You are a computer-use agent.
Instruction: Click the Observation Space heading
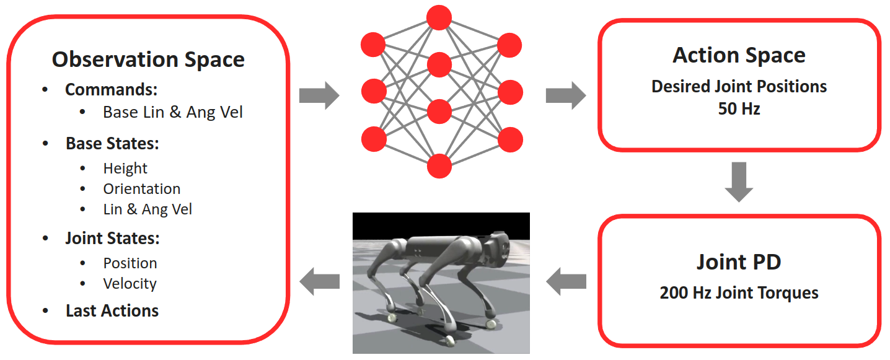[148, 59]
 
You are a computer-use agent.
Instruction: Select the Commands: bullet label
[111, 89]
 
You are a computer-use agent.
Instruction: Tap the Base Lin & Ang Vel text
[173, 112]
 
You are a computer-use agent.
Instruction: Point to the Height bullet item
[125, 169]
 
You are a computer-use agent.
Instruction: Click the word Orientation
[142, 189]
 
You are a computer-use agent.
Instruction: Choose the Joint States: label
[113, 238]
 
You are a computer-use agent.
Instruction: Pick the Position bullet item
[130, 263]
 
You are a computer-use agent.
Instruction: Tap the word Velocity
[130, 284]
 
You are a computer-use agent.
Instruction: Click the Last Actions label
[112, 310]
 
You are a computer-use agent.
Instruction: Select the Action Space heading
[739, 55]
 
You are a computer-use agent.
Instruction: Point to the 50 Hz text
[739, 108]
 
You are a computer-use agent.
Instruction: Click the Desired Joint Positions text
[739, 86]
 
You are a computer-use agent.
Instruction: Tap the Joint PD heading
[739, 262]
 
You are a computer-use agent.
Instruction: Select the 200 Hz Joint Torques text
[739, 292]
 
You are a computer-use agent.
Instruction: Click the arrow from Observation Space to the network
[319, 96]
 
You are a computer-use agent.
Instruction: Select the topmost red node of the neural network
[439, 17]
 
